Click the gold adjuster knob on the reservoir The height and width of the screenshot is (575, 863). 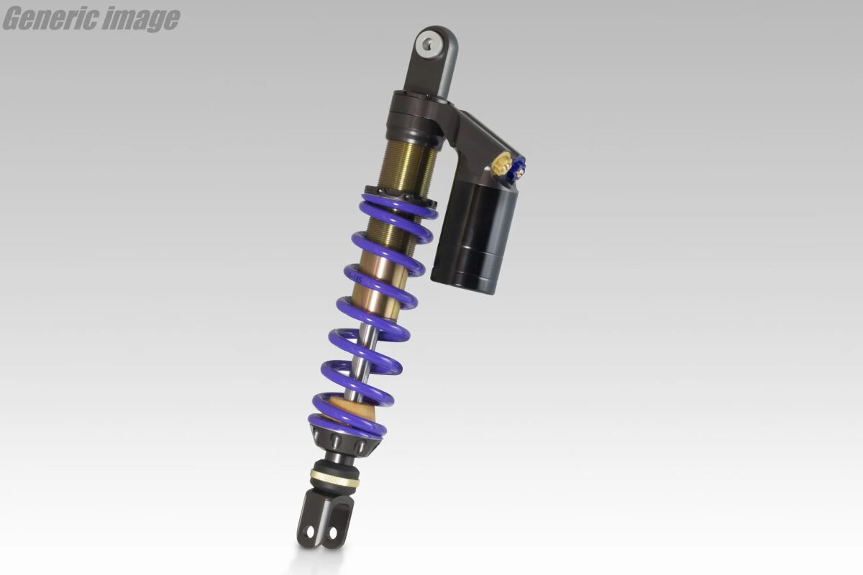pyautogui.click(x=501, y=166)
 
